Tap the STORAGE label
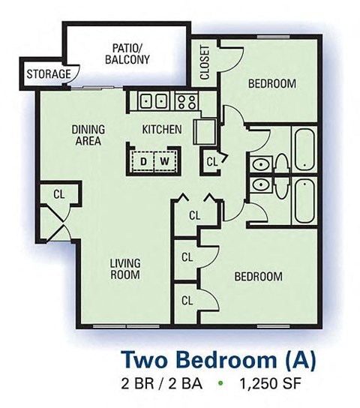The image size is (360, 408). click(x=49, y=75)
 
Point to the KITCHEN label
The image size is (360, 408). click(x=162, y=129)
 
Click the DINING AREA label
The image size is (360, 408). click(x=88, y=134)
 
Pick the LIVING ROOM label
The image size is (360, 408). click(x=125, y=268)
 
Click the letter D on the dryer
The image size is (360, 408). click(x=142, y=160)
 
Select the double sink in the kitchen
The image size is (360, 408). click(x=154, y=100)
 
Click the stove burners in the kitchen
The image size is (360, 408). click(x=185, y=100)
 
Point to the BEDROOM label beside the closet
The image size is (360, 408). click(x=271, y=83)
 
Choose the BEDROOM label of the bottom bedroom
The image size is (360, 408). click(x=258, y=276)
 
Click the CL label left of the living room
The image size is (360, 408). click(x=59, y=193)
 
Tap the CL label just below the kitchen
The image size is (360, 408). click(x=212, y=160)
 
